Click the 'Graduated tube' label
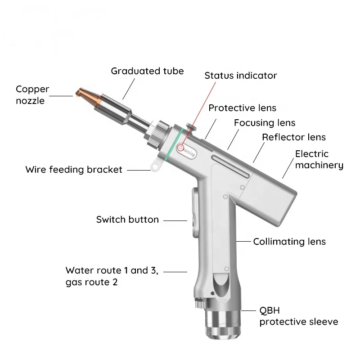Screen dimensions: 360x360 147,71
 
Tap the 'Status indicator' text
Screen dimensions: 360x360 241,76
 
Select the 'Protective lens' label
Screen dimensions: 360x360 242,108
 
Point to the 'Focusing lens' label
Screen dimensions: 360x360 265,123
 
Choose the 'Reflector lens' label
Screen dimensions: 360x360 294,137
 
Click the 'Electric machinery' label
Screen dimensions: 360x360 319,160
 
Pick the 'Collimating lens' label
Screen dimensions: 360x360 289,242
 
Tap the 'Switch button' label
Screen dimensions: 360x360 127,220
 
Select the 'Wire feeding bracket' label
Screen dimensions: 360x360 74,170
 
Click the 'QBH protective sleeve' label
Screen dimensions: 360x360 298,316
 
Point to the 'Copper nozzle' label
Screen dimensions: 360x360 31,95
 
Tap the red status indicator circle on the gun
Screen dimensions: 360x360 181,147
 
